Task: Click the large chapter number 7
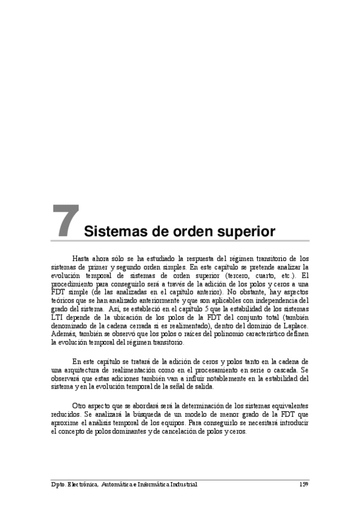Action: tap(65, 221)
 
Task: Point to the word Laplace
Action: tap(294, 327)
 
